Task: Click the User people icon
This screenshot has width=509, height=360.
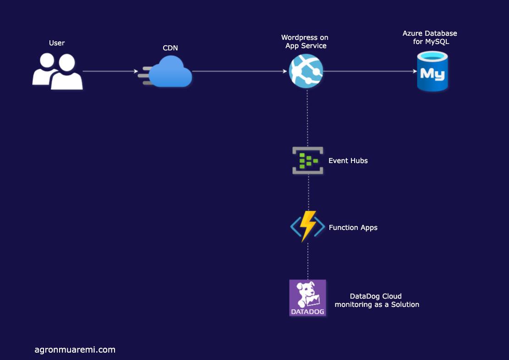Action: coord(57,71)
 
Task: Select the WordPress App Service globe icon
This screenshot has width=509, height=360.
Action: coord(306,71)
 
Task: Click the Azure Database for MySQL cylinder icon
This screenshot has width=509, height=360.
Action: coord(432,71)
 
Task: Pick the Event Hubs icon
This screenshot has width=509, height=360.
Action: coord(308,160)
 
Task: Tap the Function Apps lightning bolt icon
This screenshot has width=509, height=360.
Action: coord(307,227)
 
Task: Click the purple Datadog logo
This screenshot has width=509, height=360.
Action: coord(308,298)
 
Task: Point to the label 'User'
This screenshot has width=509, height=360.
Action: coord(57,43)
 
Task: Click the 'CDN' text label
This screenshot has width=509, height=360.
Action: coord(170,48)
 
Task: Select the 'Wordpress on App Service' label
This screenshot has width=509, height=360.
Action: coord(305,42)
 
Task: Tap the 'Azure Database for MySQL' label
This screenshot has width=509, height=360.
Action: coord(430,38)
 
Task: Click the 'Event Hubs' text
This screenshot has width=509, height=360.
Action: coord(348,161)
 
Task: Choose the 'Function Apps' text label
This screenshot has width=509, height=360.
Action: coord(353,228)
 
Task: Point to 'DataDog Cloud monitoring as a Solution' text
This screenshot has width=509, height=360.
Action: coord(377,300)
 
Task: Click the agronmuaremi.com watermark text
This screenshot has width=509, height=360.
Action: coord(75,350)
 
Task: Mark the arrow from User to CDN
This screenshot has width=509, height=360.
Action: coord(110,71)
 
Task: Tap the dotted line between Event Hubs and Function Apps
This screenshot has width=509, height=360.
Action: coord(308,192)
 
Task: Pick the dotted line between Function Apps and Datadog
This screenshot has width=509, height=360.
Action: coord(308,261)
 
